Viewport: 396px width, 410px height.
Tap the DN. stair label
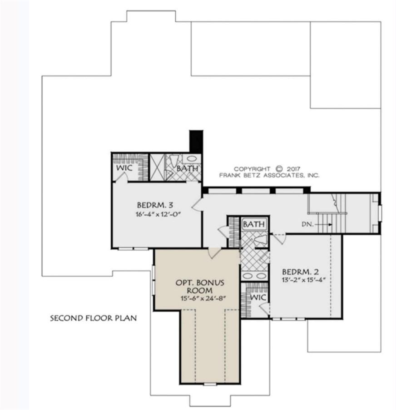[307, 224]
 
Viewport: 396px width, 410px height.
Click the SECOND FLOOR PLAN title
[93, 318]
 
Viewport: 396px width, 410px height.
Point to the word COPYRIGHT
[252, 169]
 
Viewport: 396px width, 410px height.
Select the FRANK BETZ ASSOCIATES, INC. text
[269, 175]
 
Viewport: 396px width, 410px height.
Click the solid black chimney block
[196, 142]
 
